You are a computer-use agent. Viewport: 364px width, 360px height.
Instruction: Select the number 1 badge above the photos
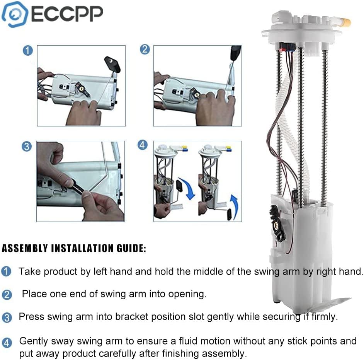(27, 51)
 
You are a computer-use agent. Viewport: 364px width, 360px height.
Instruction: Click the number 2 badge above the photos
(145, 49)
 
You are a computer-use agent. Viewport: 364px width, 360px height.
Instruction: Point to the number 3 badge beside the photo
(26, 147)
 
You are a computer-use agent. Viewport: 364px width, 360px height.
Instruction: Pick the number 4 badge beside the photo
(143, 145)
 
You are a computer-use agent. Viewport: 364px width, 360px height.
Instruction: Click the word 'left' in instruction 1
(100, 271)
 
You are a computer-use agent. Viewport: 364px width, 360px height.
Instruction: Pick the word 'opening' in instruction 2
(188, 294)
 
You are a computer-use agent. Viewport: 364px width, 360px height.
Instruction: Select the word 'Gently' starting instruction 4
(34, 341)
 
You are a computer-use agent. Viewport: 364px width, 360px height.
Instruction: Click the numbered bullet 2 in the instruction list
(7, 295)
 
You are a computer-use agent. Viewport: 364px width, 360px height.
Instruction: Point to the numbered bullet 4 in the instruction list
(7, 343)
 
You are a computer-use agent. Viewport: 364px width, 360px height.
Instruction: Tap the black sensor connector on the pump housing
(277, 222)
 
